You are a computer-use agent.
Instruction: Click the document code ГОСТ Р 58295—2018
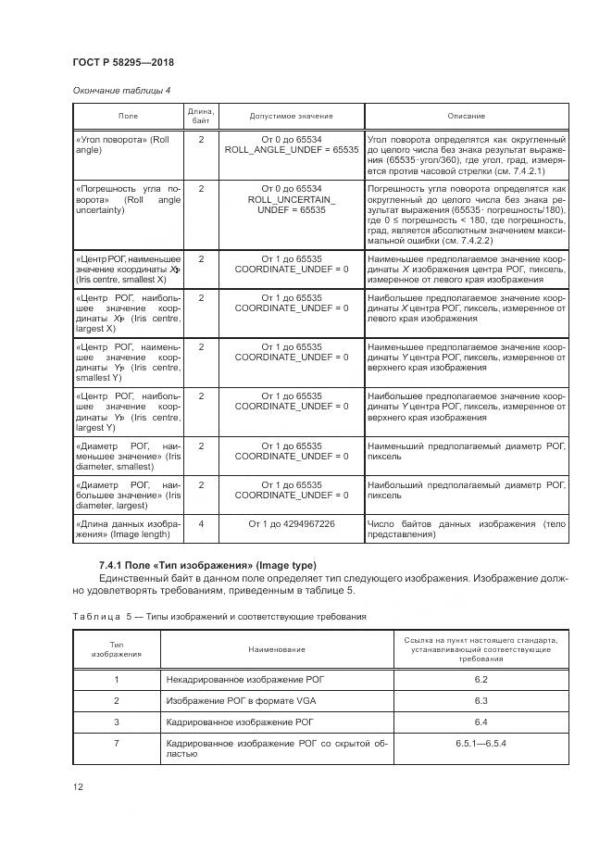coord(123,62)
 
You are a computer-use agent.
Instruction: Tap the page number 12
coord(78,787)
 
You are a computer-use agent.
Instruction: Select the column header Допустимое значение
coord(292,116)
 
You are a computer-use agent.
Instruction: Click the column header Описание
coord(467,116)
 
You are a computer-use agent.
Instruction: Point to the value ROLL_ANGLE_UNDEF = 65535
coord(292,149)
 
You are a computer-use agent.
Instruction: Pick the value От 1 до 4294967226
coord(292,524)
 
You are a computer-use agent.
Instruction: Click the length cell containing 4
coord(201,524)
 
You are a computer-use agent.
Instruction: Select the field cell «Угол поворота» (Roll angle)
coord(127,144)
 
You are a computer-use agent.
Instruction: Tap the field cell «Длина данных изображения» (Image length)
coord(127,529)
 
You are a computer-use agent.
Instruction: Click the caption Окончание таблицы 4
coord(121,90)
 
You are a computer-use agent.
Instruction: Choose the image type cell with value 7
coord(117,744)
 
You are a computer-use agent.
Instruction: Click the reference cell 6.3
coord(481,701)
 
